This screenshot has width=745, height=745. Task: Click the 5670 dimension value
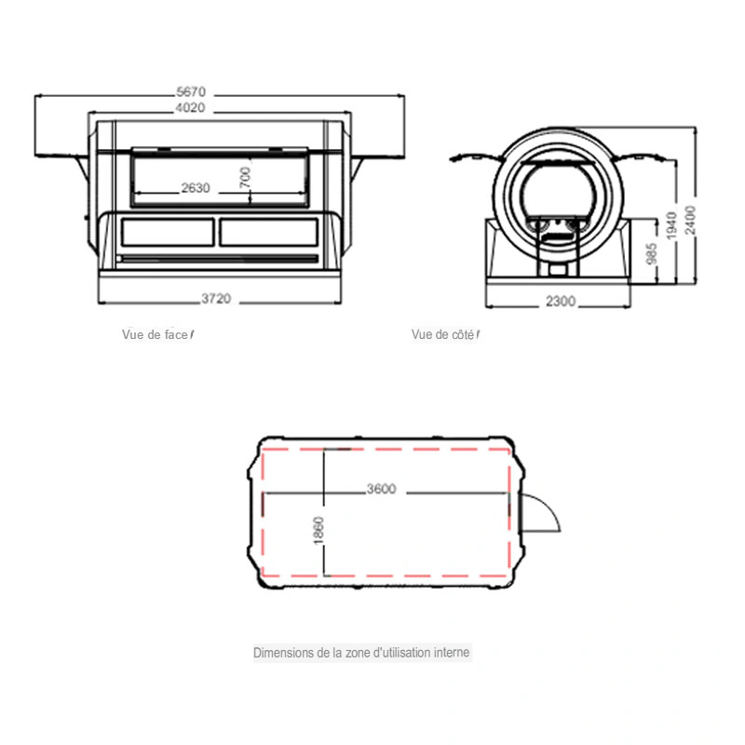pos(191,91)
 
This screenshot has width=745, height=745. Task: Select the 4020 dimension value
pos(190,108)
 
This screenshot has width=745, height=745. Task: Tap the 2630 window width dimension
pos(196,188)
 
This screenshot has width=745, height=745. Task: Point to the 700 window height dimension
pos(245,177)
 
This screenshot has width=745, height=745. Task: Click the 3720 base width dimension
pos(216,298)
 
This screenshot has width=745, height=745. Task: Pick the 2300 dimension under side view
pos(561,301)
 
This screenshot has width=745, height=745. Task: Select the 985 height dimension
pos(652,253)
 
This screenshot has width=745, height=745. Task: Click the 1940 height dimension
pos(670,225)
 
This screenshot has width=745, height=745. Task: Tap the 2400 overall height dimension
pos(690,220)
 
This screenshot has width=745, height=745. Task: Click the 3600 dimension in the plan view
pos(381,489)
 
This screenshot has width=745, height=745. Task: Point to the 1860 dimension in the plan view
pos(318,530)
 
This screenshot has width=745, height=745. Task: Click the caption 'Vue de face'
pos(155,334)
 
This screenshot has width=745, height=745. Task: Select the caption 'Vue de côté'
pos(443,334)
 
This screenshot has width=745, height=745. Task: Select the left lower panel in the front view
pos(168,232)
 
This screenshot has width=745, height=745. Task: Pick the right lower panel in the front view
pos(269,232)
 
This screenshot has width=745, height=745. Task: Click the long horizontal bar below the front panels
pos(218,259)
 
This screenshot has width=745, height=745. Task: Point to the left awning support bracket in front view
pos(82,168)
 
